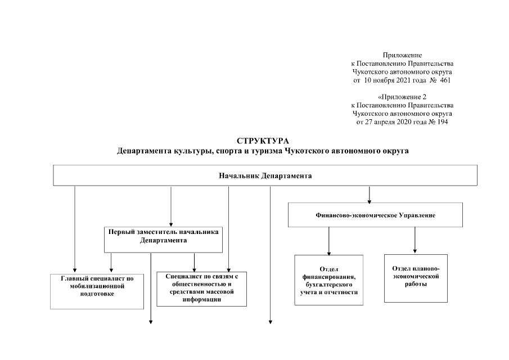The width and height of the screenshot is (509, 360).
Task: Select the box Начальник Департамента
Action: click(x=265, y=175)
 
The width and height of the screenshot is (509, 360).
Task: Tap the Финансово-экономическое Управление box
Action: click(x=369, y=215)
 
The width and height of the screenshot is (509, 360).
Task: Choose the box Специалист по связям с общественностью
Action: click(x=202, y=289)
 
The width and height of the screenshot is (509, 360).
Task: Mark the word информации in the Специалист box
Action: click(x=202, y=300)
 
